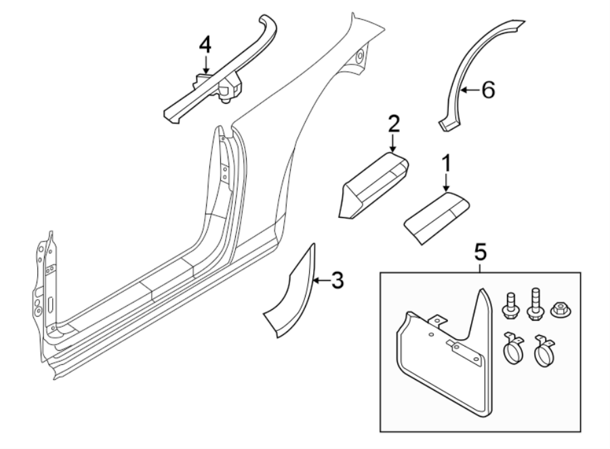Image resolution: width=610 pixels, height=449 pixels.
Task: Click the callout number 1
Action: pos(446,163)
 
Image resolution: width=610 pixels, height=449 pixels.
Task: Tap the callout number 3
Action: pos(337,279)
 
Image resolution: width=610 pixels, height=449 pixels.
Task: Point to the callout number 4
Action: pos(205,45)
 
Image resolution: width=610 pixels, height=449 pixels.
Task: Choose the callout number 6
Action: pos(488,90)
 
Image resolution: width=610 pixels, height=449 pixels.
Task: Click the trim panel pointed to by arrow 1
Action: pos(437,216)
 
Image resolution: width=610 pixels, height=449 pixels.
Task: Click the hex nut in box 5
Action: pos(560,309)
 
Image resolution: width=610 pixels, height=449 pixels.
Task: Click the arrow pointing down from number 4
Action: pos(205,64)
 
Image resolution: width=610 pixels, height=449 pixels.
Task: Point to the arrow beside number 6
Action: pos(469,90)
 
